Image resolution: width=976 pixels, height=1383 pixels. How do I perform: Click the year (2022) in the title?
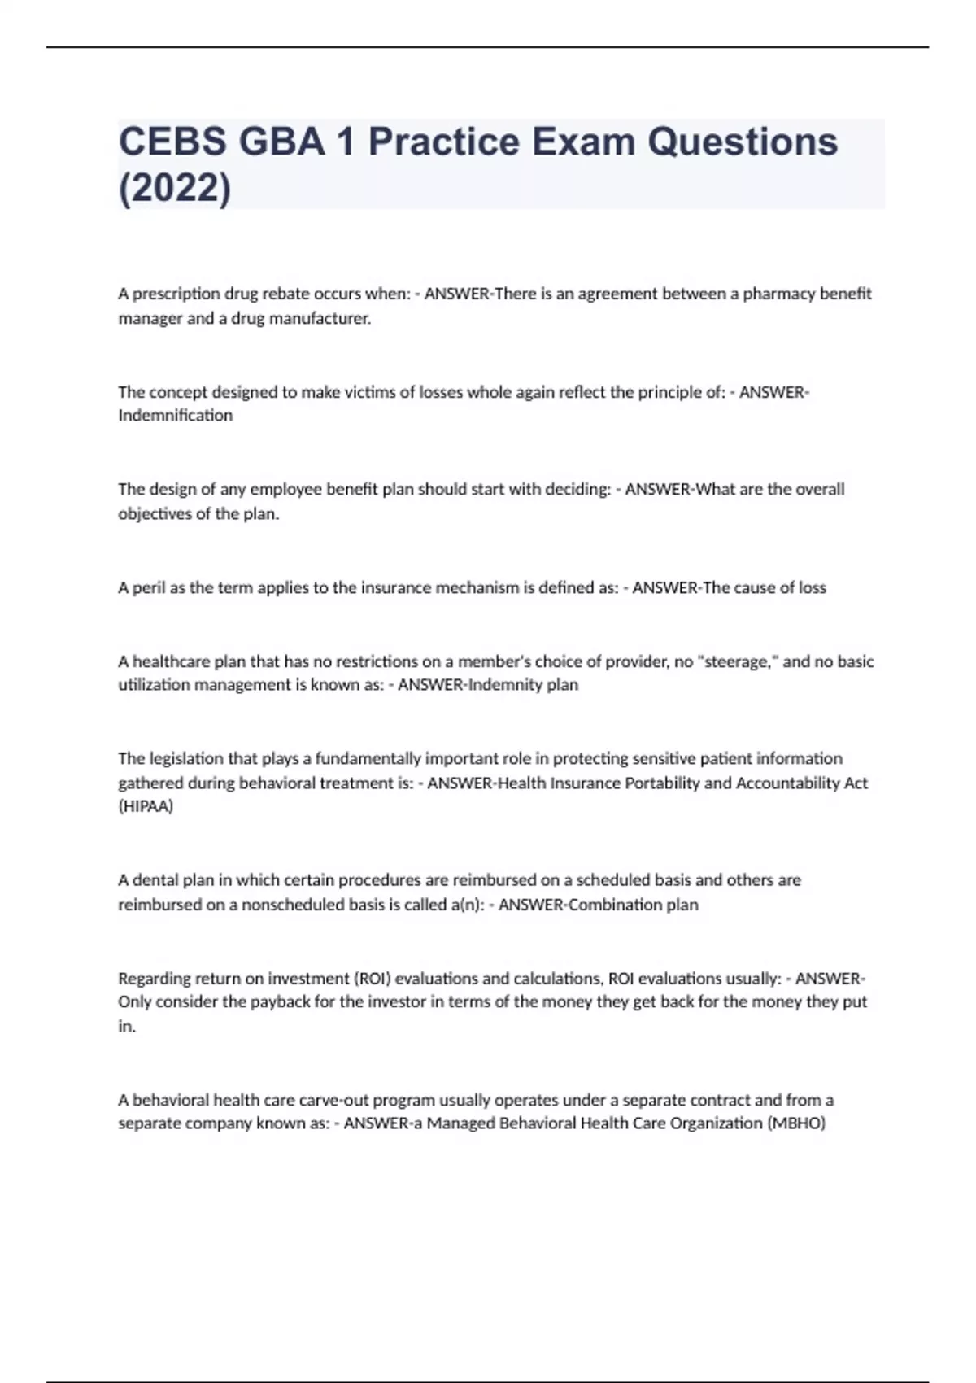(x=175, y=189)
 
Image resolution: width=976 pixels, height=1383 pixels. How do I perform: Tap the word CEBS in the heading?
(x=172, y=142)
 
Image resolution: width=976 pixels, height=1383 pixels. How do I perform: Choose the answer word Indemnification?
(x=175, y=415)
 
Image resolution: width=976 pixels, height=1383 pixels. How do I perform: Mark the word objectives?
(x=155, y=514)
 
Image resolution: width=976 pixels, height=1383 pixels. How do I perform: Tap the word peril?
(x=149, y=587)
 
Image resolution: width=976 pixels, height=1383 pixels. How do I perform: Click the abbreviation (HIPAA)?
(x=146, y=806)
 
